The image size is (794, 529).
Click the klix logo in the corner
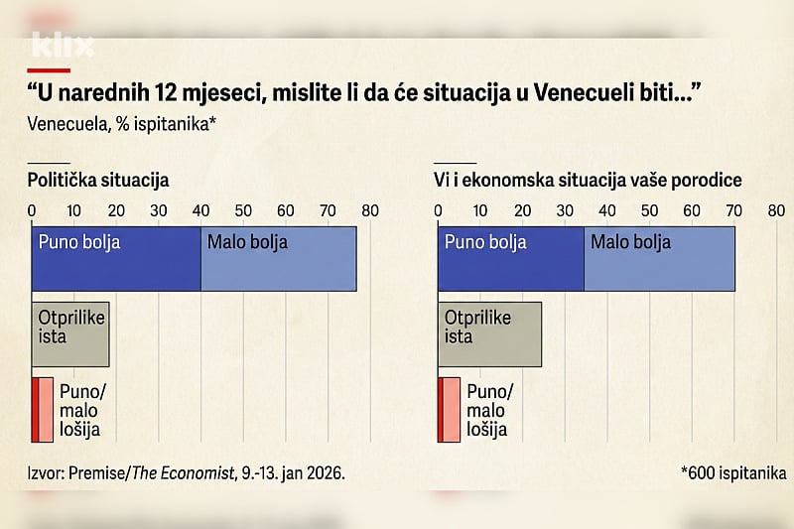63,46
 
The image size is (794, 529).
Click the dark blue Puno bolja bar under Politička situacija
115,259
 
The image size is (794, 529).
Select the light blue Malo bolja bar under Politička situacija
278,259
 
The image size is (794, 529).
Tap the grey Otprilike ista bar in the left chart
69,334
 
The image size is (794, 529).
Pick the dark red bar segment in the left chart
36,409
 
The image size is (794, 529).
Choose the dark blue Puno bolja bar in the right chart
510,259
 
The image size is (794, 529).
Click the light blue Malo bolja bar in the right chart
659,259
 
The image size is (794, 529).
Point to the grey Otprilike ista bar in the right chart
489,334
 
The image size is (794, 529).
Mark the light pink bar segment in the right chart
451,409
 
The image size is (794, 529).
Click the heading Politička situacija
98,181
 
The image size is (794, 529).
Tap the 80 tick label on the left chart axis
370,210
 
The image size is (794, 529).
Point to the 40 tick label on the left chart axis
201,210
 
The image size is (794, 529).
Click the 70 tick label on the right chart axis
734,210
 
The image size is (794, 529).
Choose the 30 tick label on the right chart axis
565,210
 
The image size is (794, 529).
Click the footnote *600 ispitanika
728,473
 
